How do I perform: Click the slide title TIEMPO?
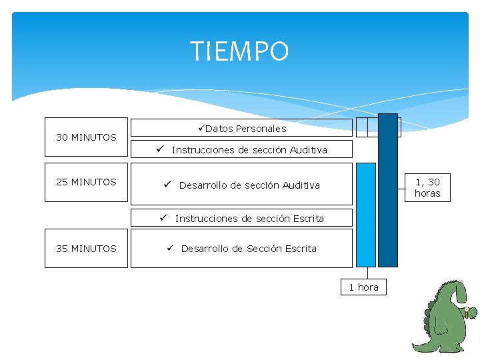click(239, 51)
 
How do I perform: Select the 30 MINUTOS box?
click(86, 137)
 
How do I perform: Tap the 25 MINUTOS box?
click(86, 182)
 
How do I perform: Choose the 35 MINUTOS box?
click(86, 249)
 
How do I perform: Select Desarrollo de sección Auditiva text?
click(249, 185)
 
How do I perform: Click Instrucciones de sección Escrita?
click(249, 219)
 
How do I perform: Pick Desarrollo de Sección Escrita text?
click(249, 249)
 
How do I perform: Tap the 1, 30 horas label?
click(427, 187)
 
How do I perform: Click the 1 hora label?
click(363, 287)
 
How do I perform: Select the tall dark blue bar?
click(388, 190)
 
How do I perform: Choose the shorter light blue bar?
click(366, 215)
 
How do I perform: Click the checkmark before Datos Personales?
click(201, 128)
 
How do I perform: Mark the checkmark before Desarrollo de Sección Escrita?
click(171, 249)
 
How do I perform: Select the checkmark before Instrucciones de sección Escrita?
click(163, 218)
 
